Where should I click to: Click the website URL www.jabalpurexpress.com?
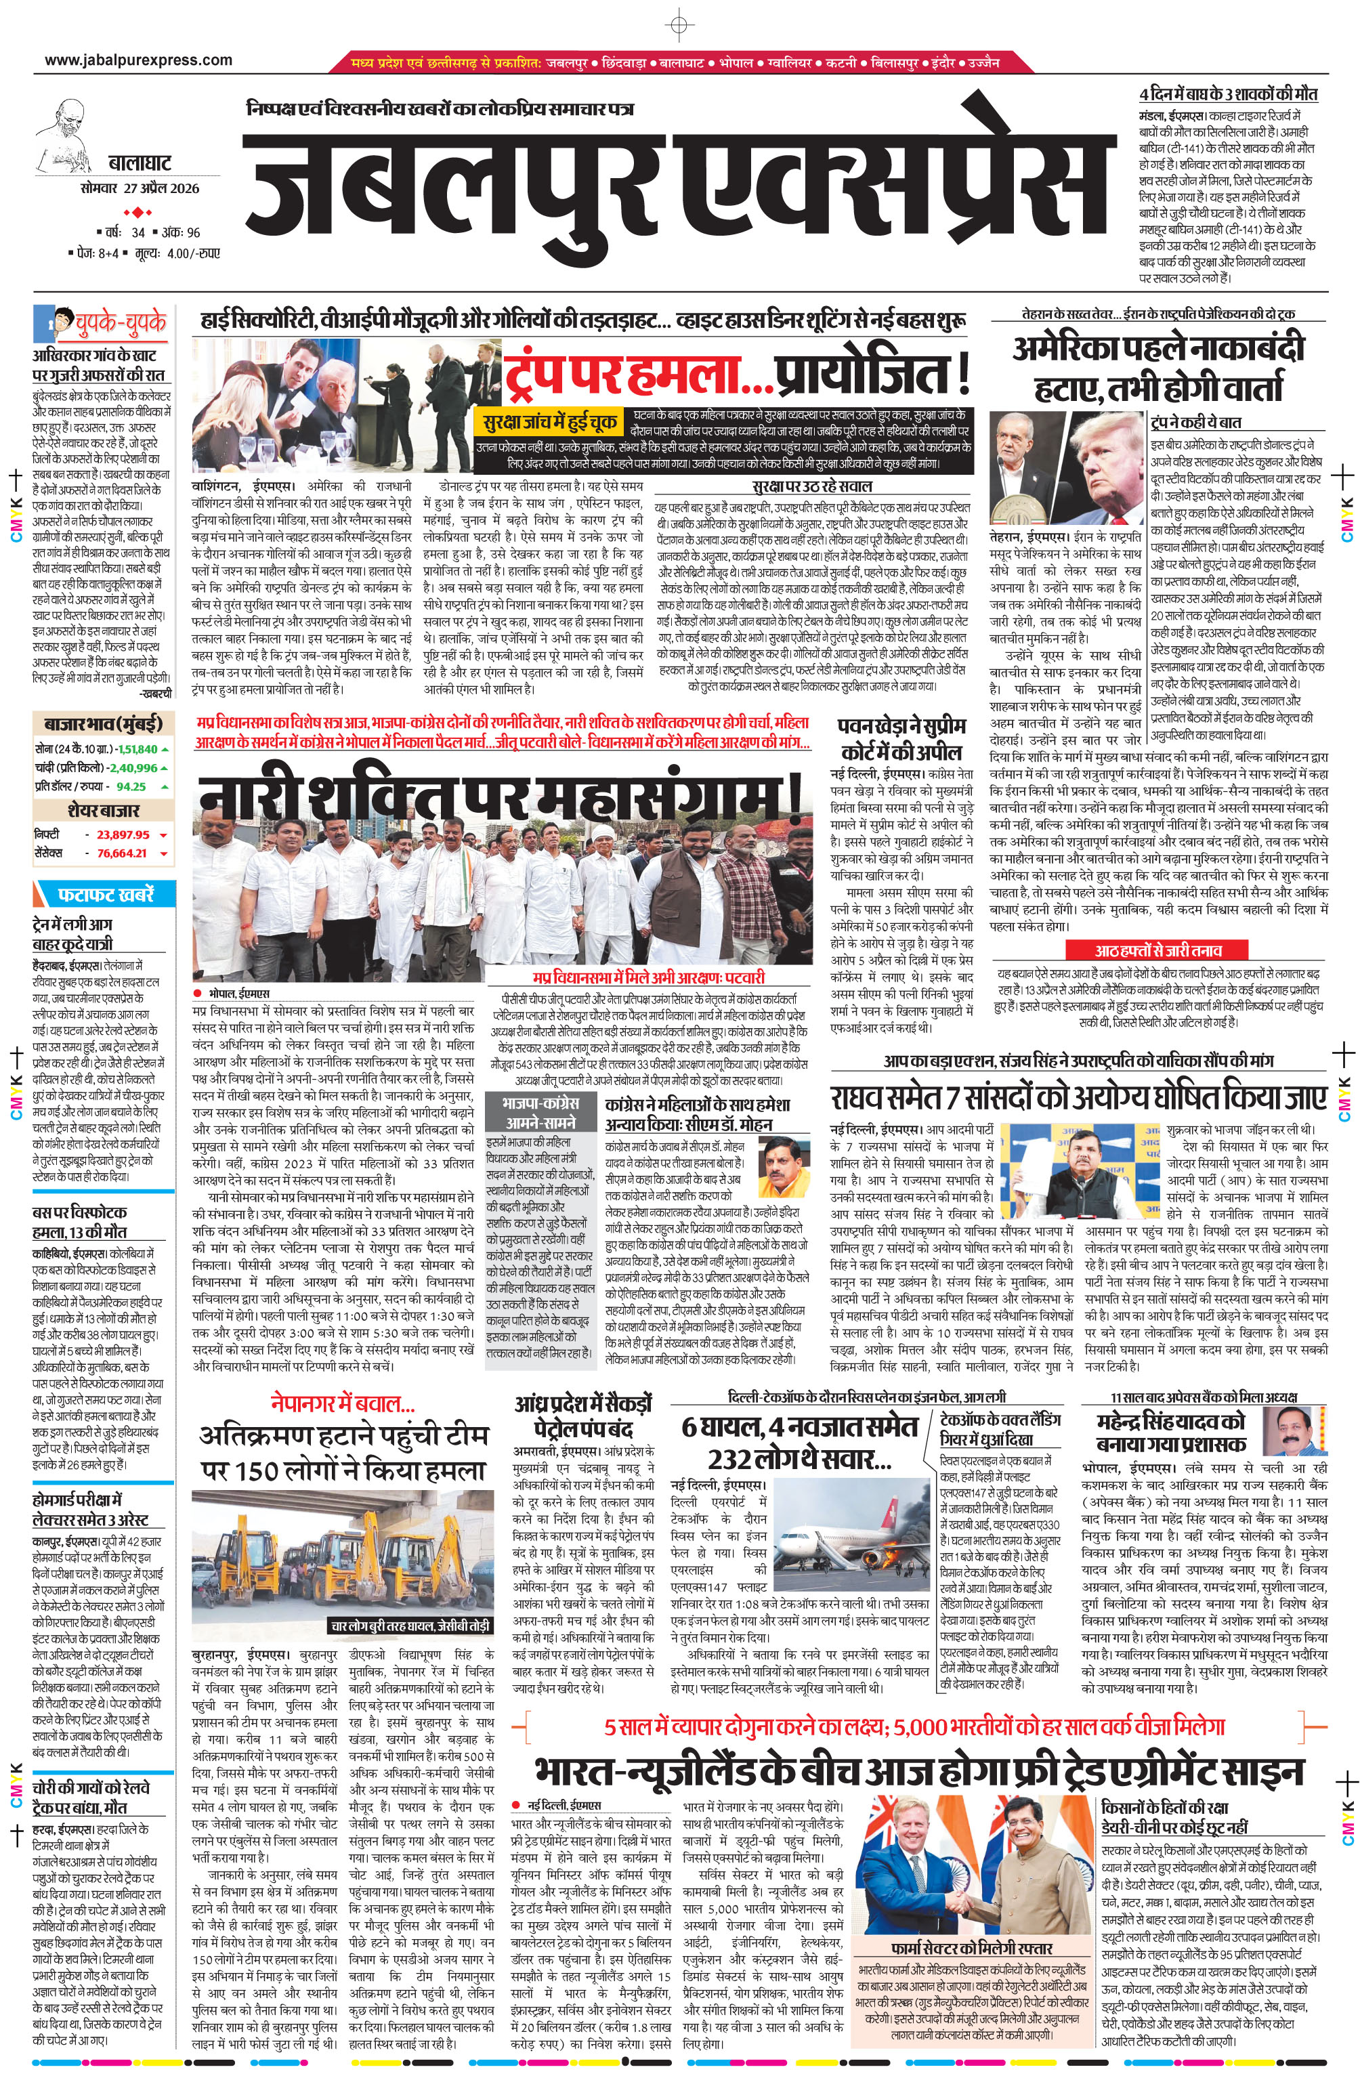coord(138,60)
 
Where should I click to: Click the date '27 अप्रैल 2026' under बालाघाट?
coord(161,188)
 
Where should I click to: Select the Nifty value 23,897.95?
coord(123,834)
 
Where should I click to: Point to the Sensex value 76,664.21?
coord(123,853)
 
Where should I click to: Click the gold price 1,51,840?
coord(138,749)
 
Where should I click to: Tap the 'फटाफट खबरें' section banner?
coord(105,894)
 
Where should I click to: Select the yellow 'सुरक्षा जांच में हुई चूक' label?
coord(550,422)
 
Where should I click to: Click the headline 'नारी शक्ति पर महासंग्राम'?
coord(499,792)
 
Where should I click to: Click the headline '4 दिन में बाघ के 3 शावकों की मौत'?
coord(1227,94)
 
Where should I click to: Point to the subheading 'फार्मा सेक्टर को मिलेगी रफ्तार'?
coord(971,1948)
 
